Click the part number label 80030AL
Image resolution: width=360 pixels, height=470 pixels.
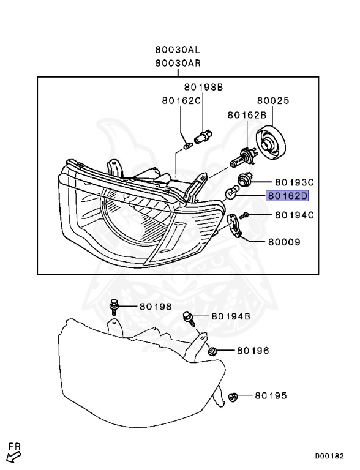[x=178, y=49]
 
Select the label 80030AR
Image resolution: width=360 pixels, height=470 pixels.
[x=178, y=63]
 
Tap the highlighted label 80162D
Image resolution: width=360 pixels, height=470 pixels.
[x=287, y=196]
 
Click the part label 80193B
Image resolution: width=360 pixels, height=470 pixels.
[x=204, y=87]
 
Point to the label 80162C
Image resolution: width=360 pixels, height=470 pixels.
[x=181, y=100]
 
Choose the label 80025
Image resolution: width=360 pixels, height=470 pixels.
[x=273, y=100]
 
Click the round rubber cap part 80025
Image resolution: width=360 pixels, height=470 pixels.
[x=271, y=143]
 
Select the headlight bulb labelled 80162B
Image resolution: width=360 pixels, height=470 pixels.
[x=242, y=157]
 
